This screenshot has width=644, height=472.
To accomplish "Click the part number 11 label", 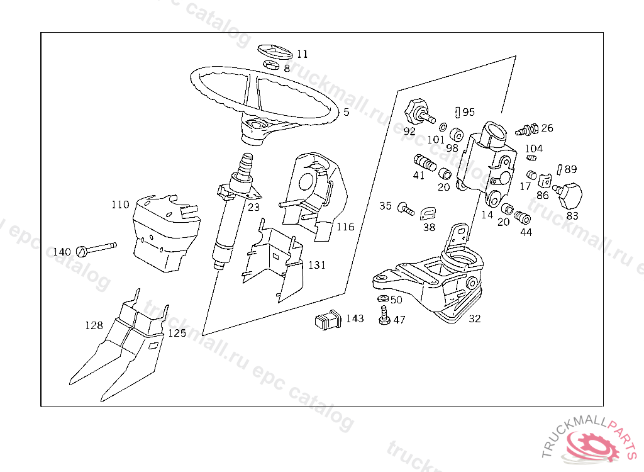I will coord(303,54).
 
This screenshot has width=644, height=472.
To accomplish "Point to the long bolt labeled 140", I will coord(97,249).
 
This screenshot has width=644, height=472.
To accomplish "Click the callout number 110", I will coord(120,205).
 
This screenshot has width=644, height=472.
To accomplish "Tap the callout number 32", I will coord(475,319).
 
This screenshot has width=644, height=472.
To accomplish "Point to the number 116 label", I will coord(345,227).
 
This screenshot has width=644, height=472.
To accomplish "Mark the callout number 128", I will coord(94,325).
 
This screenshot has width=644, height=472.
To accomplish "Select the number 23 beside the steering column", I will coord(253,206).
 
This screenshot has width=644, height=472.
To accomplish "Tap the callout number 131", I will coord(317,265).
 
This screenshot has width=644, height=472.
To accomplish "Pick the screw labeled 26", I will coord(526,130).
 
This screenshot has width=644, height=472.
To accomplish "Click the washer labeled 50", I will coord(382,299).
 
